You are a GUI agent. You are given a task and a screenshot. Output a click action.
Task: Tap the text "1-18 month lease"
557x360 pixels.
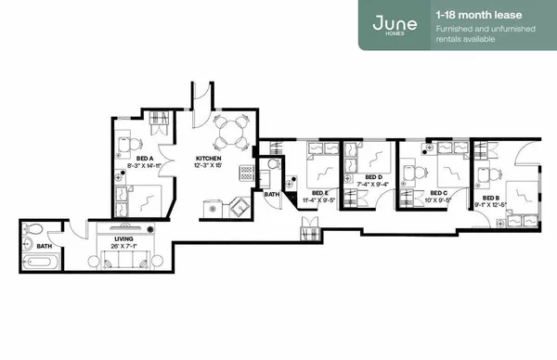click(475, 15)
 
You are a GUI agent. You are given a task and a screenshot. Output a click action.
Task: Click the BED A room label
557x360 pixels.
click(144, 159)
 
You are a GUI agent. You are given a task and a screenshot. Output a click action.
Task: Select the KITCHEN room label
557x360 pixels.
click(209, 159)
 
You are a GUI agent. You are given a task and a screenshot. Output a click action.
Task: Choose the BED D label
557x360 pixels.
click(373, 176)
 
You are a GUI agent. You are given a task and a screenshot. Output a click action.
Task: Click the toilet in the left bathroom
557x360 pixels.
click(32, 228)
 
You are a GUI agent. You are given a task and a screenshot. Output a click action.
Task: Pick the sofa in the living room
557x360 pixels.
click(124, 262)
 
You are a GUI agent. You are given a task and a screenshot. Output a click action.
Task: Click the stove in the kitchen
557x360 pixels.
click(247, 172)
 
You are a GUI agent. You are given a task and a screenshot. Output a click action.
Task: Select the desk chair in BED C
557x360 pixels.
click(415, 172)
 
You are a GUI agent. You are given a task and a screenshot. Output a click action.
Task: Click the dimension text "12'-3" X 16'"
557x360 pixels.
click(209, 166)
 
